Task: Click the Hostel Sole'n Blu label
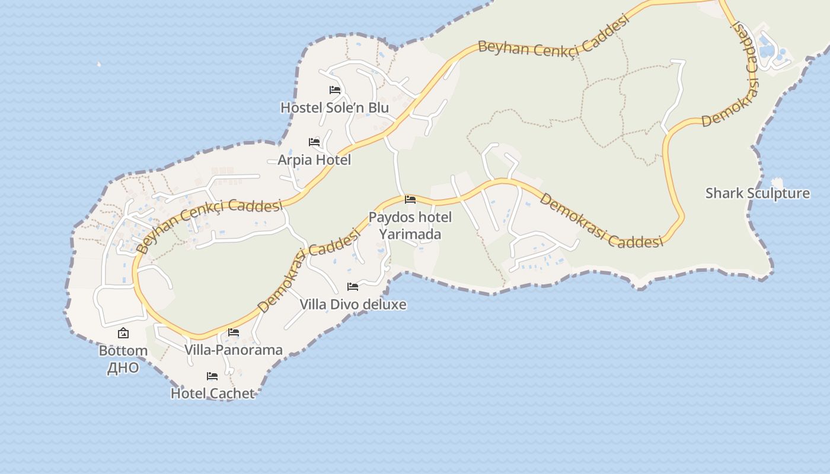(x=334, y=107)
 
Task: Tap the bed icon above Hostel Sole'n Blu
(x=335, y=90)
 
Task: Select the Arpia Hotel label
(x=314, y=160)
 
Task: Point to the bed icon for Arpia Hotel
(x=314, y=142)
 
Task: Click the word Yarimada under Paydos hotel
(x=410, y=234)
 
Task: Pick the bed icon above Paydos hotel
(x=410, y=200)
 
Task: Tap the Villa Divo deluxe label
(x=353, y=305)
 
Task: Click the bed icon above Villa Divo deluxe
(x=353, y=287)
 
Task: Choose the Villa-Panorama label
(x=234, y=350)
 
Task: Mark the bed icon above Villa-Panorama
(x=234, y=332)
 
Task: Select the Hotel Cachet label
(x=212, y=393)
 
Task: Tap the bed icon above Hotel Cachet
(x=212, y=376)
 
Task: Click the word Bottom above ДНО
(x=123, y=351)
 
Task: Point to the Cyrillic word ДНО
(x=123, y=368)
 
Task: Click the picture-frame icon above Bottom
(x=123, y=334)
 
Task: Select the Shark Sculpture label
(x=757, y=194)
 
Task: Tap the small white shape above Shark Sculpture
(x=777, y=182)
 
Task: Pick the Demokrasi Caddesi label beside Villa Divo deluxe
(x=309, y=270)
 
